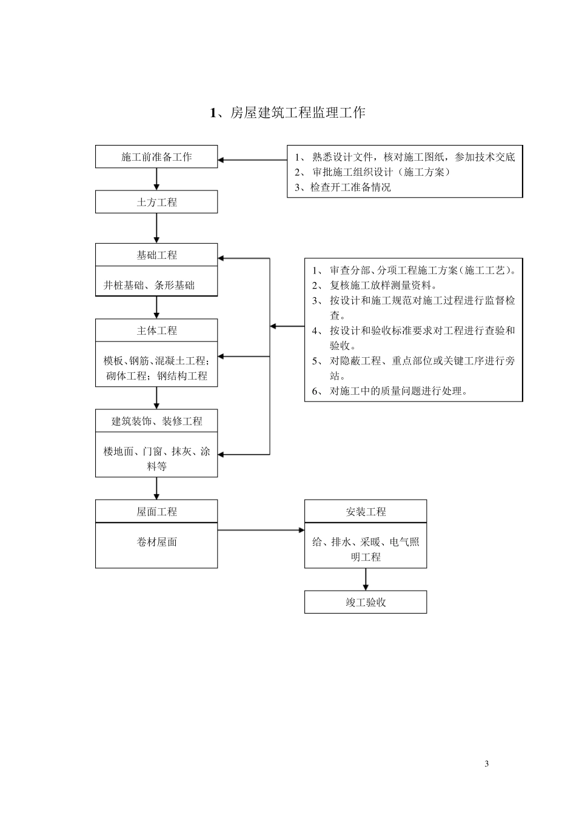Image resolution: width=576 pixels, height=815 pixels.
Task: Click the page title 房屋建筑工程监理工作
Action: pyautogui.click(x=288, y=113)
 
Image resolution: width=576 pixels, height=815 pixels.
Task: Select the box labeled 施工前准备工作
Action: pyautogui.click(x=156, y=157)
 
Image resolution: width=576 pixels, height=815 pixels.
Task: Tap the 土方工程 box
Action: pyautogui.click(x=156, y=203)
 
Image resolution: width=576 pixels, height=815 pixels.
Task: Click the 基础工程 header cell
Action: pyautogui.click(x=156, y=255)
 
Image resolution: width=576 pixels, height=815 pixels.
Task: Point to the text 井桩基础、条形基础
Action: pyautogui.click(x=149, y=285)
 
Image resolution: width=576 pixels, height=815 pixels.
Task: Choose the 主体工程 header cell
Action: pyautogui.click(x=156, y=330)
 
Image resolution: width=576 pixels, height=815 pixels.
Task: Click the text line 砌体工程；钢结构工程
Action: pyautogui.click(x=156, y=376)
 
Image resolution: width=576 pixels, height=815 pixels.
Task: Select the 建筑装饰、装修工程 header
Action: pyautogui.click(x=156, y=421)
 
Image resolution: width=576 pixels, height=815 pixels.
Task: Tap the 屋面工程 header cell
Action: pyautogui.click(x=156, y=512)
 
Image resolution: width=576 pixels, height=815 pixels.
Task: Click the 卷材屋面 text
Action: pyautogui.click(x=156, y=542)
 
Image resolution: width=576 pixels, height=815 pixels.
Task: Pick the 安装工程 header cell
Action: pyautogui.click(x=366, y=512)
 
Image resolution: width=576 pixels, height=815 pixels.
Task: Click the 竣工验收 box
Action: pyautogui.click(x=366, y=602)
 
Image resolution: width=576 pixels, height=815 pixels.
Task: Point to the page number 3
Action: pyautogui.click(x=487, y=763)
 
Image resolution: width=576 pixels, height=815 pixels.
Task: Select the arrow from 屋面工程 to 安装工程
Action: pyautogui.click(x=261, y=530)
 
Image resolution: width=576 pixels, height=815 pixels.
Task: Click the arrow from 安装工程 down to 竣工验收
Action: pyautogui.click(x=366, y=580)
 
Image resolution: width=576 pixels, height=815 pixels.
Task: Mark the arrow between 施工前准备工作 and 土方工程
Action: pyautogui.click(x=156, y=179)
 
